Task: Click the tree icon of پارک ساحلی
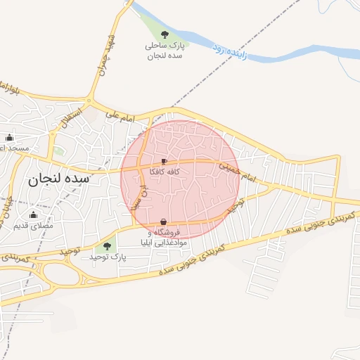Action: click(x=164, y=34)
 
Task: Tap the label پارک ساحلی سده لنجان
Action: click(x=163, y=50)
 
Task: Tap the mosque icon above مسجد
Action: click(x=9, y=137)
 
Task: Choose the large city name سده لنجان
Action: click(x=59, y=179)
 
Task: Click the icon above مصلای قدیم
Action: click(x=33, y=215)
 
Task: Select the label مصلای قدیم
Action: click(x=33, y=226)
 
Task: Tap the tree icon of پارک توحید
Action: click(x=107, y=246)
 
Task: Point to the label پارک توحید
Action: click(x=107, y=257)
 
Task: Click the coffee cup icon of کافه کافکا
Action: click(x=164, y=161)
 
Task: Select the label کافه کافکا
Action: click(x=164, y=172)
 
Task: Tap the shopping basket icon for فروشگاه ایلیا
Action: click(x=163, y=222)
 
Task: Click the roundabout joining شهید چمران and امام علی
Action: click(x=91, y=97)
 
